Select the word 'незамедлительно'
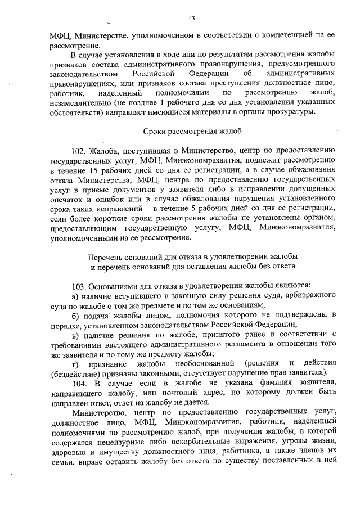coord(80,102)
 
